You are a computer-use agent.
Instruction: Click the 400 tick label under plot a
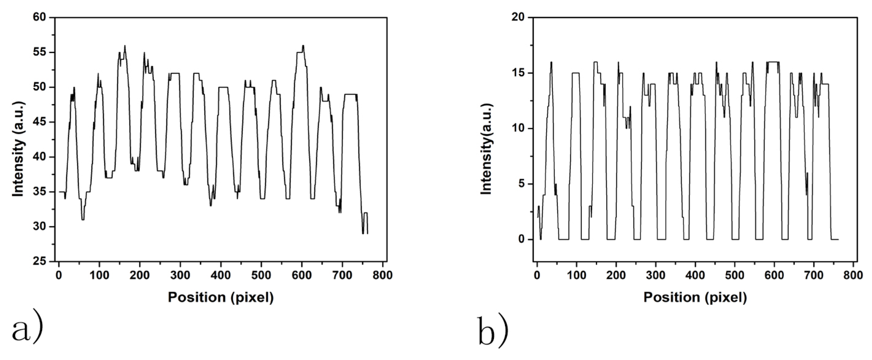(x=221, y=275)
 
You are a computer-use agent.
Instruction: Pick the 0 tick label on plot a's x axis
(x=59, y=275)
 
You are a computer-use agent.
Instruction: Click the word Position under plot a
(x=197, y=297)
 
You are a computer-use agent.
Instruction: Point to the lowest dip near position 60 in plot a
(x=83, y=220)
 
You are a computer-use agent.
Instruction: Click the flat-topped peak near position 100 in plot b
(x=576, y=73)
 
